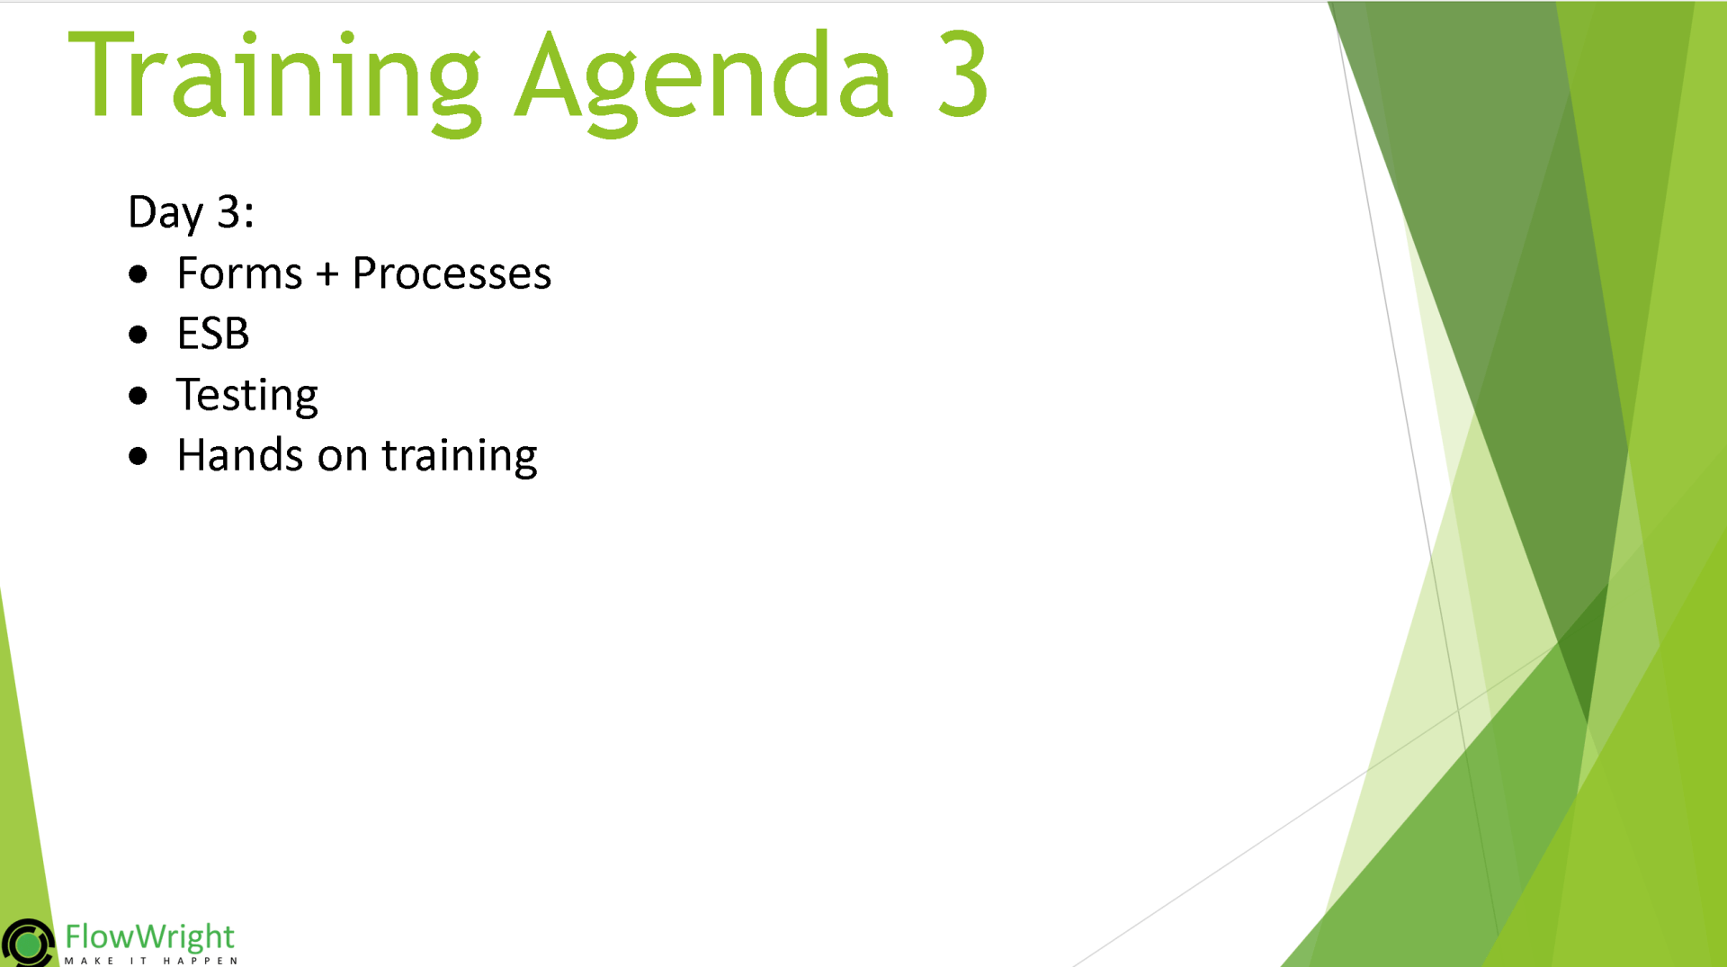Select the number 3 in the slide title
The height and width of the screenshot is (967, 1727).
[962, 74]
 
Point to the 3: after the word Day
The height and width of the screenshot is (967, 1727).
[236, 212]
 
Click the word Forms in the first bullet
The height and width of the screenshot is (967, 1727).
[239, 273]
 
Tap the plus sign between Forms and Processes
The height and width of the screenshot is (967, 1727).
[327, 273]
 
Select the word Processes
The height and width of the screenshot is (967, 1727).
[452, 273]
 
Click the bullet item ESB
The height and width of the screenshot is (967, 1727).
[213, 335]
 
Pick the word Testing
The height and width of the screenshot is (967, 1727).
[247, 396]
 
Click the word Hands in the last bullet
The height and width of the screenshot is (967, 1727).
[239, 455]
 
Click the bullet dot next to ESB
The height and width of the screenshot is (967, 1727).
[138, 336]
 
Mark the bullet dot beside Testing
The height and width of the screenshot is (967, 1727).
[138, 396]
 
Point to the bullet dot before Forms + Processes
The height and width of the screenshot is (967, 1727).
[138, 274]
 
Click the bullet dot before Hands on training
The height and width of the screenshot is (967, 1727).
[138, 456]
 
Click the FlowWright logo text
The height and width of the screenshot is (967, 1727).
[149, 937]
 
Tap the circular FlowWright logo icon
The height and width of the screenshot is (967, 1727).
[28, 943]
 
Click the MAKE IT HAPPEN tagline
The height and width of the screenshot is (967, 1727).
[150, 961]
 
